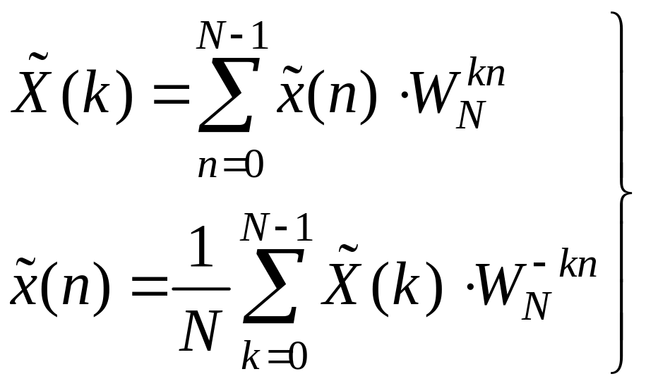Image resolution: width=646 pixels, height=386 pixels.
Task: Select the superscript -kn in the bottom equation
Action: tap(565, 265)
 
